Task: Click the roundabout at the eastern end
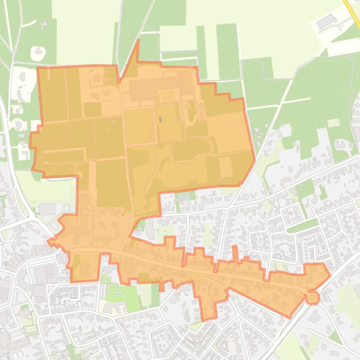(312, 297)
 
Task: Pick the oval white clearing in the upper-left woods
(37, 53)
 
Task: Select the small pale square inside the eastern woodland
(333, 123)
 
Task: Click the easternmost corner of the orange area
(330, 275)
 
